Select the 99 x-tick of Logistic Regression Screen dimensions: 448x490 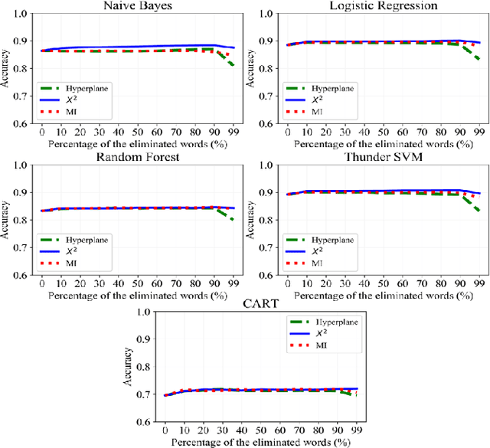click(x=479, y=132)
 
